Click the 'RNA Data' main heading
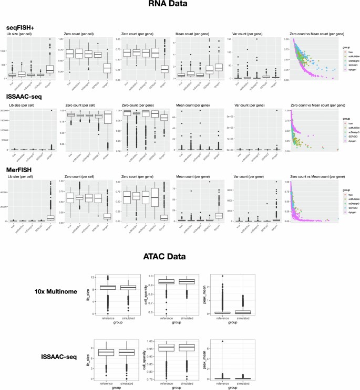point(180,8)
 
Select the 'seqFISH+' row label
point(20,27)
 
